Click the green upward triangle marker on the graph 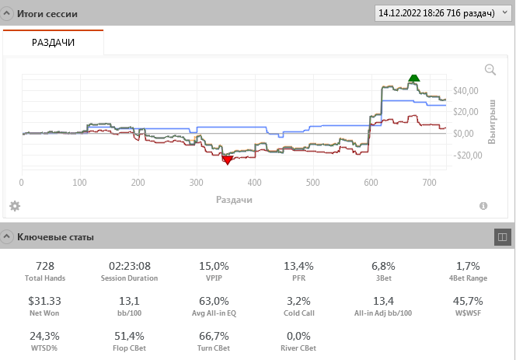414,77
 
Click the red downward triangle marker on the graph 227,160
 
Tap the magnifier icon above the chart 490,69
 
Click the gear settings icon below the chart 14,206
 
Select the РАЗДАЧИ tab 53,42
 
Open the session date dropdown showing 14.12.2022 441,13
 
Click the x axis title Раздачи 234,200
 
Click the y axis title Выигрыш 491,121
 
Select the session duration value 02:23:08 129,266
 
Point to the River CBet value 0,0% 298,336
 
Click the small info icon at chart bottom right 483,206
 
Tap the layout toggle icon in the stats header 501,236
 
